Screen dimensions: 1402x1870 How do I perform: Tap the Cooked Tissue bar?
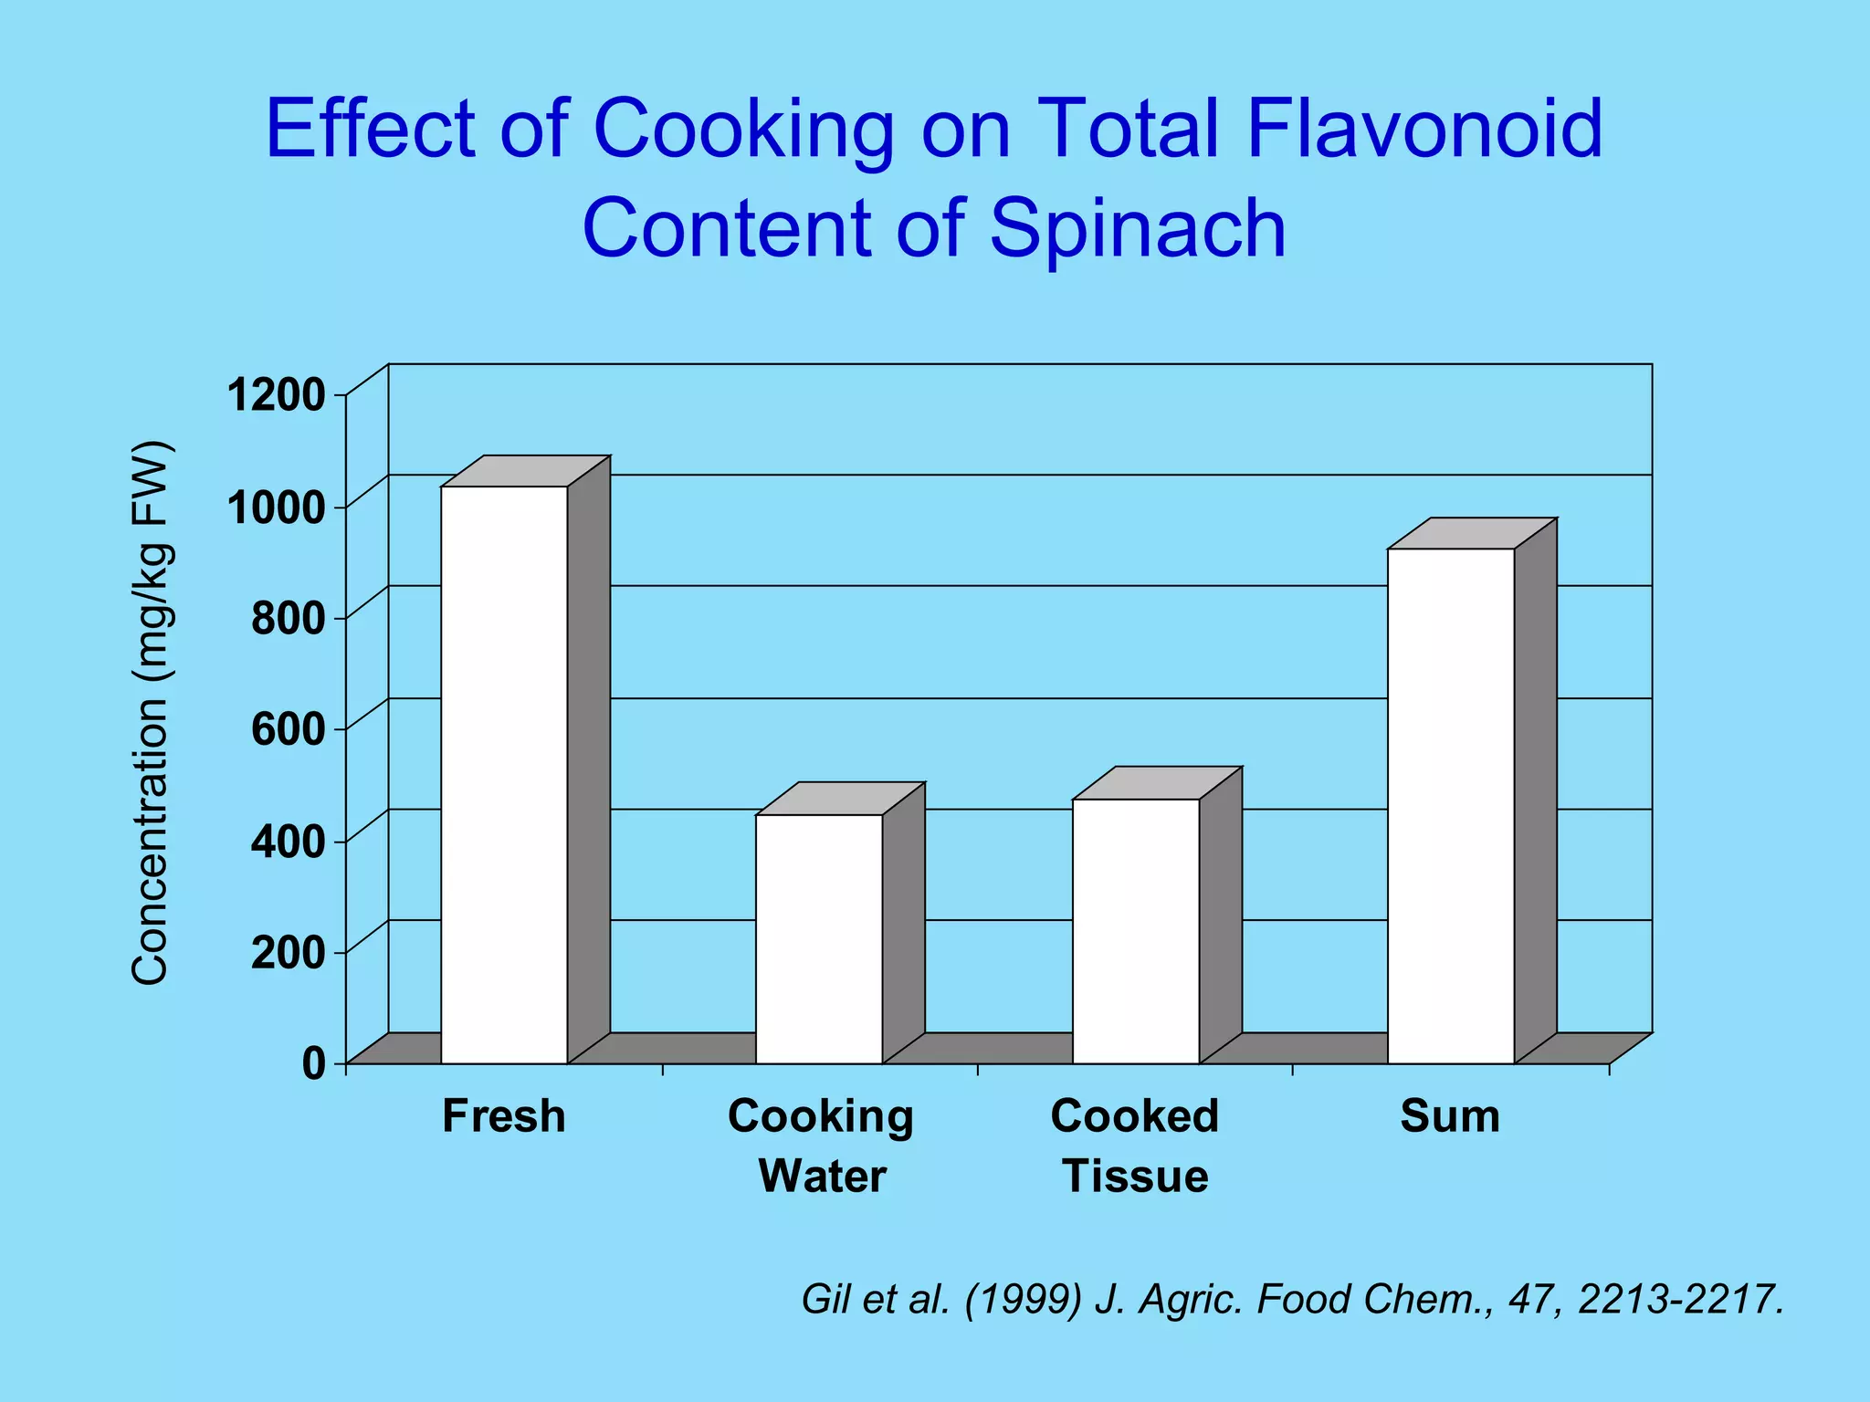pos(1135,931)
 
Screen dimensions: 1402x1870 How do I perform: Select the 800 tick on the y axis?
pos(288,620)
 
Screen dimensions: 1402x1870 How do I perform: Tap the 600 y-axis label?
pos(288,730)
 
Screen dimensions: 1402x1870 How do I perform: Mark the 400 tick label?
pos(288,842)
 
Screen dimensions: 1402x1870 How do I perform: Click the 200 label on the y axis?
pos(288,953)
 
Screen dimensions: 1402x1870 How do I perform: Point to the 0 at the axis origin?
pos(313,1064)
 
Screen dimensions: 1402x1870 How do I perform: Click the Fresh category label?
pos(504,1116)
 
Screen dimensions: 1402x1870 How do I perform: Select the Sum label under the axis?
pos(1450,1116)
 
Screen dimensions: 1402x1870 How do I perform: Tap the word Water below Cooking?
pos(822,1176)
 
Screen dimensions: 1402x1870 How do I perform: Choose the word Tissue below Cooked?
pos(1135,1176)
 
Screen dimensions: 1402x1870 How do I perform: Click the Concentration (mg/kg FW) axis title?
pos(151,712)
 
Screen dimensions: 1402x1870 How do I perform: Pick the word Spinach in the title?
pos(1138,227)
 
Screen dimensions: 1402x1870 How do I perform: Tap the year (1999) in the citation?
pos(1023,1299)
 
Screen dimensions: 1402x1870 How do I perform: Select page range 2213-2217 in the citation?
pos(1680,1299)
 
